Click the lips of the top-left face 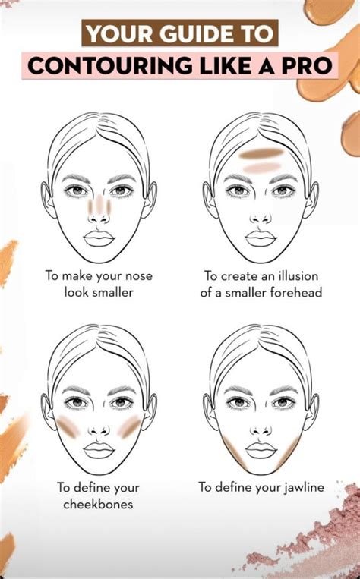point(99,238)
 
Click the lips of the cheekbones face point(99,450)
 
